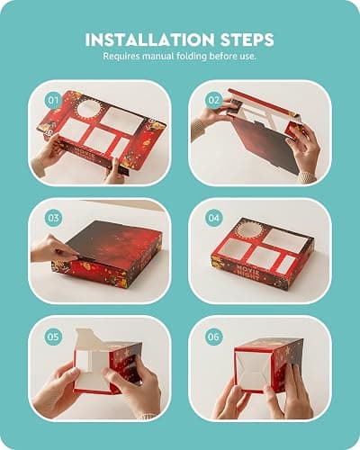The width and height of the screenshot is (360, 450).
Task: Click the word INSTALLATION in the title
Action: (x=150, y=40)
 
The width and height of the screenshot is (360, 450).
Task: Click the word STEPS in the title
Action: (x=247, y=40)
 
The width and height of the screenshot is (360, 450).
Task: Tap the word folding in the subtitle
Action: (x=192, y=57)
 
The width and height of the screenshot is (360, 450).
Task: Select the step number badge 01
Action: (x=53, y=100)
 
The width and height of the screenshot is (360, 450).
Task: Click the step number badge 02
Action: (x=213, y=100)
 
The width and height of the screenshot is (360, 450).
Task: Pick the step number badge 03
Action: (x=53, y=218)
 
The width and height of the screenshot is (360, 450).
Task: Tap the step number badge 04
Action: (x=213, y=218)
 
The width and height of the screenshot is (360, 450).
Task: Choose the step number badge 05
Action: (x=53, y=337)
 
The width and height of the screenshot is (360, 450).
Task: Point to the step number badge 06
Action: (x=213, y=337)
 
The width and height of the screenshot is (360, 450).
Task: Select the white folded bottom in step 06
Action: (x=253, y=371)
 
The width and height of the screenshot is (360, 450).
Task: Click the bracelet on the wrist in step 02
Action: (x=197, y=128)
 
